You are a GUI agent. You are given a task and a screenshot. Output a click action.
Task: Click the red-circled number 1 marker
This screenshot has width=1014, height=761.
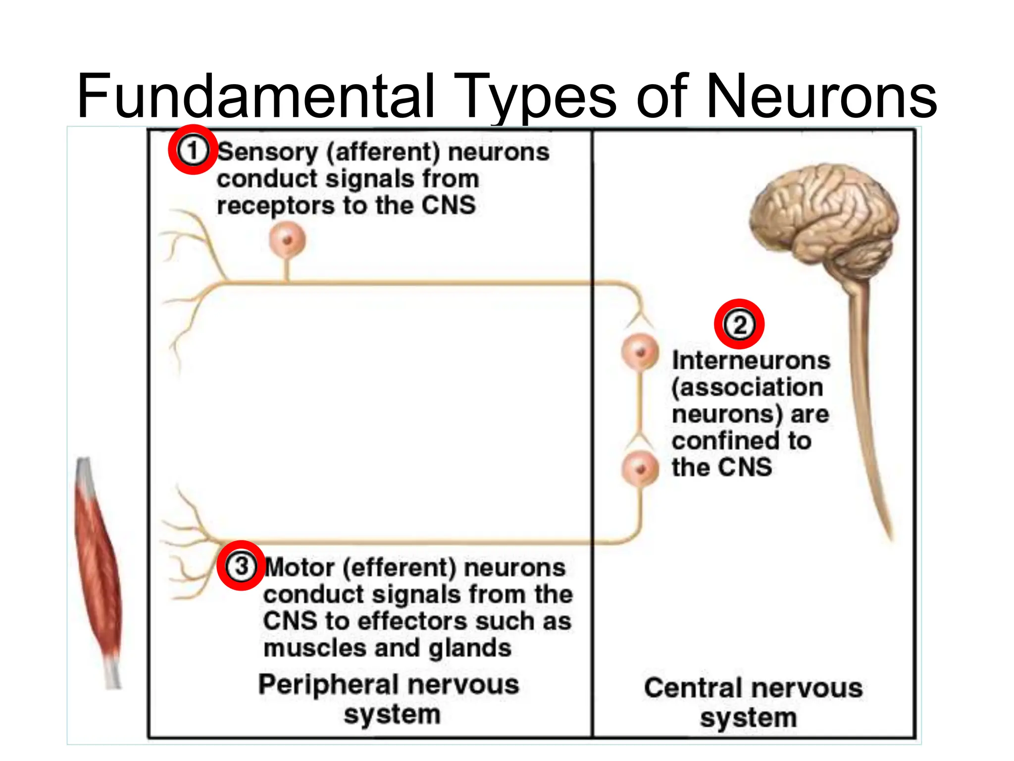(193, 150)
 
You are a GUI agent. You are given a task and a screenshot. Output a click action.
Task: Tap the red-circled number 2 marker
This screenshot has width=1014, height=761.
(739, 325)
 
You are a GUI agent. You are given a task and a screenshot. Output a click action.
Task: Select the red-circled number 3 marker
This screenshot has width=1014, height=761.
(241, 565)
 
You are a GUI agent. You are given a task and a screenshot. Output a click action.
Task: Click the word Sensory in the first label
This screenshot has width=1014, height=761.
(267, 152)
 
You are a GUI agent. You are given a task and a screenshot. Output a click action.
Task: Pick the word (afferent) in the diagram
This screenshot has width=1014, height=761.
(383, 152)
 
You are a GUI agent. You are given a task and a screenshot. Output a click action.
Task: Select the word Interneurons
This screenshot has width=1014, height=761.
(751, 360)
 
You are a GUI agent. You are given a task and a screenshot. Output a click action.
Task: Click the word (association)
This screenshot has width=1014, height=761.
(747, 387)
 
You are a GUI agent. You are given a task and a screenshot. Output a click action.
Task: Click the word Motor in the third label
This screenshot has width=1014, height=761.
(300, 568)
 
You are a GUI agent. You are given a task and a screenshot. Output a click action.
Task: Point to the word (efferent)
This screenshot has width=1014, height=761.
(399, 568)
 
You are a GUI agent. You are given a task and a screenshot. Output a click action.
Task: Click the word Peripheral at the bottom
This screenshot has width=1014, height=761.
(330, 685)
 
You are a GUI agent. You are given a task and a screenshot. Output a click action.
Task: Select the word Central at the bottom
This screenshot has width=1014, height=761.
(693, 688)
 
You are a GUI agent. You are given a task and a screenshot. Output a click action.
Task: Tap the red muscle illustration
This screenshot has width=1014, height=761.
(98, 570)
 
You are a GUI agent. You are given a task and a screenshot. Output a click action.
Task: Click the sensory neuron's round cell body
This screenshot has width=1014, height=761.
(287, 240)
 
